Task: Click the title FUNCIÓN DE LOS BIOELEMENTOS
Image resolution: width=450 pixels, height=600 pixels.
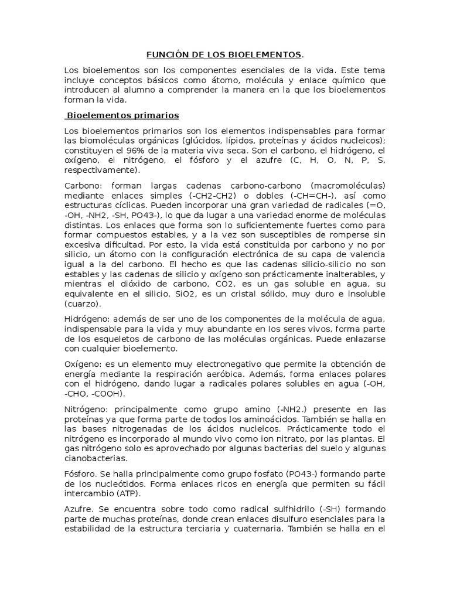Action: (x=224, y=55)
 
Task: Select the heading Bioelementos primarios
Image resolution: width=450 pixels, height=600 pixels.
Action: (x=122, y=115)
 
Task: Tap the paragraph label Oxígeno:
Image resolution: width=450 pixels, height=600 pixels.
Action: (x=83, y=364)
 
